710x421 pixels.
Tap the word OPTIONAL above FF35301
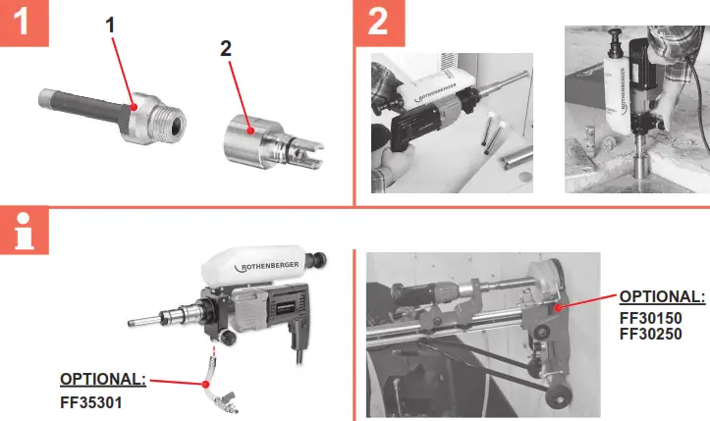coord(103,378)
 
